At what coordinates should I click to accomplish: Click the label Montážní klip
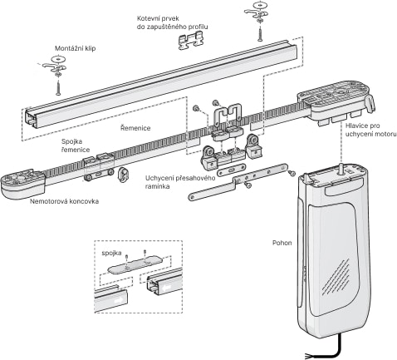(x=76, y=48)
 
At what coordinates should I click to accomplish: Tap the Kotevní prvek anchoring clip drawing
(x=190, y=41)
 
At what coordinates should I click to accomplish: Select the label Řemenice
(x=135, y=128)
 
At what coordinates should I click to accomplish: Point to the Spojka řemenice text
(x=76, y=145)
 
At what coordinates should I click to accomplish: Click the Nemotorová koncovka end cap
(x=22, y=184)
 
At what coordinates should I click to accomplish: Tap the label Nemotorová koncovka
(x=64, y=201)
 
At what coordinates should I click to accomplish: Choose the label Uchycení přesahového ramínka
(x=180, y=182)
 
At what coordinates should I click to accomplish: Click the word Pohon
(x=282, y=243)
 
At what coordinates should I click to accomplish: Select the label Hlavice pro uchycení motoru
(x=370, y=130)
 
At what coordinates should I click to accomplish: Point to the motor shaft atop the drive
(x=341, y=169)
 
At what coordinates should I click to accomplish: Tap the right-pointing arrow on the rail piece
(x=118, y=299)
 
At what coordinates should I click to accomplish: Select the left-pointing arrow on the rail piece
(x=167, y=288)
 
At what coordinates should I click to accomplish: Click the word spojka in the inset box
(x=111, y=253)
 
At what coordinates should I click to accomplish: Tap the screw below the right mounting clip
(x=259, y=34)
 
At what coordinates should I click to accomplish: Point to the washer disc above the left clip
(x=58, y=59)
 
